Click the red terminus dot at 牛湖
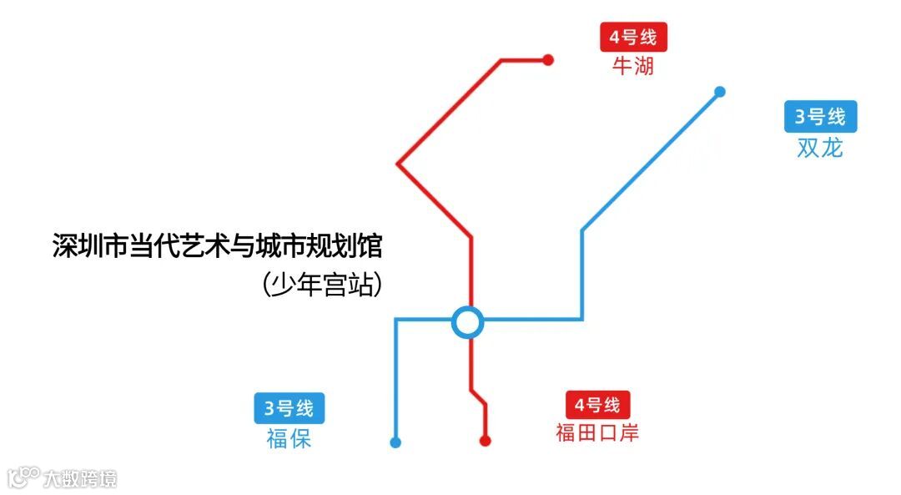click(x=548, y=59)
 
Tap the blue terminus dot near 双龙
click(x=720, y=92)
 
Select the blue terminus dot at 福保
click(x=395, y=442)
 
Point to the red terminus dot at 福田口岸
click(x=485, y=441)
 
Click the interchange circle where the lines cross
click(x=467, y=321)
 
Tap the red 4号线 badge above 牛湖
click(x=633, y=38)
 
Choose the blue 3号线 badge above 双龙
click(x=820, y=117)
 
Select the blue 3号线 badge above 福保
click(x=289, y=408)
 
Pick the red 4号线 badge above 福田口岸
click(x=597, y=406)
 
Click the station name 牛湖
click(x=633, y=66)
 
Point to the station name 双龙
click(x=820, y=148)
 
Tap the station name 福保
click(x=289, y=438)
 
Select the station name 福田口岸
click(x=597, y=432)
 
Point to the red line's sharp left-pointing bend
click(x=398, y=164)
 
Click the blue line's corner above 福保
click(x=395, y=320)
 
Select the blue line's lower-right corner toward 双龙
click(x=581, y=319)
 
